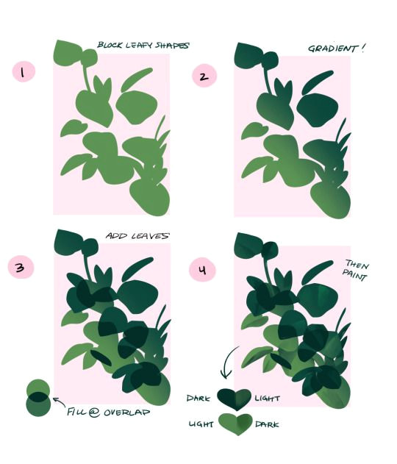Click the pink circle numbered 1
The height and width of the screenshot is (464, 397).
point(24,71)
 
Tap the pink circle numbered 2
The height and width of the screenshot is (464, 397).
point(204,76)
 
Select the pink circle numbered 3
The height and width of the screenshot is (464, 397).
point(21,268)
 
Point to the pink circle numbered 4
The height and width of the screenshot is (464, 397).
point(203,270)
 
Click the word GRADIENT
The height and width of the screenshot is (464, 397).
point(332,49)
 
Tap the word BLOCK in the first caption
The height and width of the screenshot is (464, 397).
point(110,45)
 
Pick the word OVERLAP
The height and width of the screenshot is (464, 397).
point(126,413)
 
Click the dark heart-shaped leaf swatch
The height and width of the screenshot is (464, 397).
point(234,399)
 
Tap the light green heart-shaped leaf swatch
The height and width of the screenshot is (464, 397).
point(235,424)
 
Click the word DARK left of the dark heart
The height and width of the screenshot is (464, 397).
point(198,399)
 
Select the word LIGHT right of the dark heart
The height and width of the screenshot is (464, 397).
point(268,399)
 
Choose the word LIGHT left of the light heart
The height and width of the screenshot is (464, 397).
point(201,424)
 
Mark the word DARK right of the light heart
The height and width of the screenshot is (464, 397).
point(267,424)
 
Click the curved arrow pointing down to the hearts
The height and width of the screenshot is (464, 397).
point(227,362)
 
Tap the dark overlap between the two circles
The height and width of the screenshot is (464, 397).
point(38,397)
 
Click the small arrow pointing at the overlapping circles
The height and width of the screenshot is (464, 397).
point(59,401)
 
